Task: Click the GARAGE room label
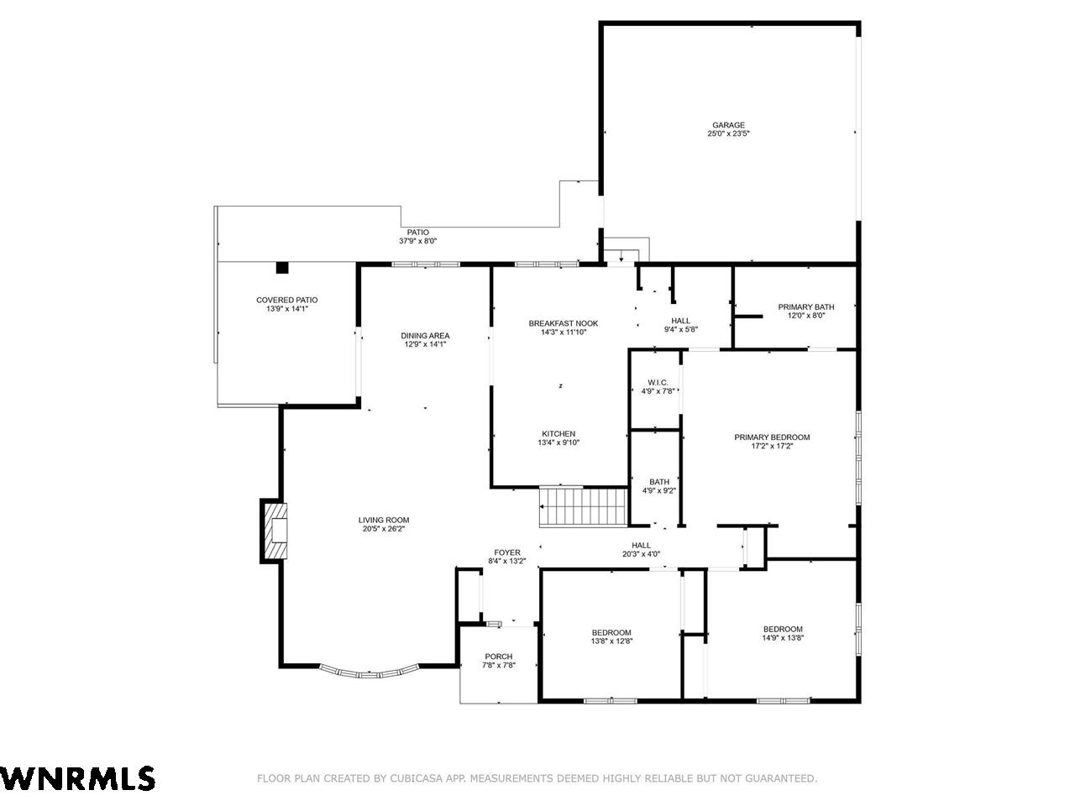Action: click(728, 125)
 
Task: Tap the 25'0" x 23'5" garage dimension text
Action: click(728, 133)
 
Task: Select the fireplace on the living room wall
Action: click(275, 531)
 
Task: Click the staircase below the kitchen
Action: click(584, 507)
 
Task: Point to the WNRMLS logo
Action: click(77, 777)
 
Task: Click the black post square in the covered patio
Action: click(282, 268)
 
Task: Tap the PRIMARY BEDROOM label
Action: click(772, 437)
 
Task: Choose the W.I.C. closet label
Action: click(658, 382)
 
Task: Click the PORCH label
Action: click(499, 657)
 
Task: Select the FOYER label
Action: click(507, 552)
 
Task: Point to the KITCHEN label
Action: click(558, 433)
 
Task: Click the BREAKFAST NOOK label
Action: click(564, 323)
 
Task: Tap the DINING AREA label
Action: click(425, 336)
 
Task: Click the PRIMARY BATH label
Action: click(806, 306)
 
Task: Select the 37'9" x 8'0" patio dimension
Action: click(417, 241)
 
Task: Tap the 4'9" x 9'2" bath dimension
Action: click(659, 490)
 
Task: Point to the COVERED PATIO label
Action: click(287, 300)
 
